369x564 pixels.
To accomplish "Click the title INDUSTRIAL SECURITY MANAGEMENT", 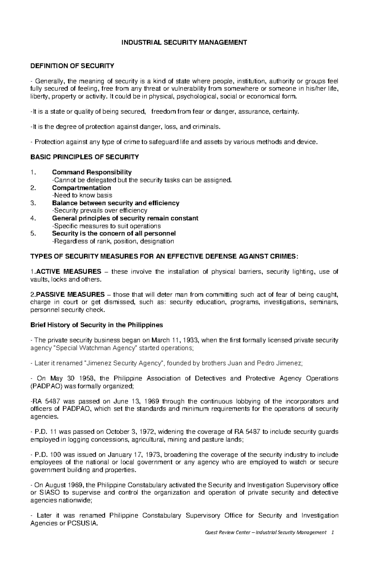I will point(184,42).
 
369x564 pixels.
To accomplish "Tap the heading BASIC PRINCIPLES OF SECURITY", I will point(85,157).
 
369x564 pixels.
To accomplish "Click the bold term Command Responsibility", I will point(92,172).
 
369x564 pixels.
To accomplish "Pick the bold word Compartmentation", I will point(81,187).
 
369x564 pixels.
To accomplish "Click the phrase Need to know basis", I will point(82,195).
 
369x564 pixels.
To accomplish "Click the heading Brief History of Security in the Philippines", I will point(97,325).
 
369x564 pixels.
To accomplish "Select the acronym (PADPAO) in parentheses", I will point(47,386).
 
